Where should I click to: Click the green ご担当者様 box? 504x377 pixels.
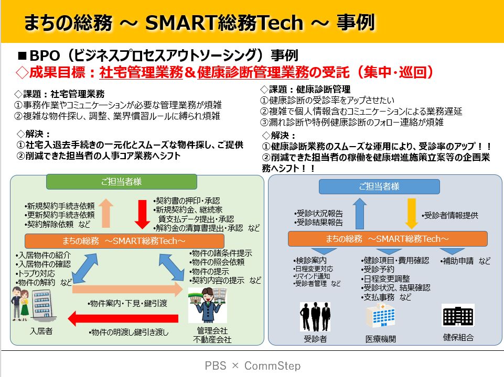coord(122,182)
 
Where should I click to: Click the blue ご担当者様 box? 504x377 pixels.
coord(379,186)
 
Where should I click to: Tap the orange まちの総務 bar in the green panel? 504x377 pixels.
coord(124,241)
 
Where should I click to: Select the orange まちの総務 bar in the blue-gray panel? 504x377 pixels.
coord(388,239)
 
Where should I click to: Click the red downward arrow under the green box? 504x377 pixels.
coord(142,214)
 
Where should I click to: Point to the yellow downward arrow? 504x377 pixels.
coord(411,213)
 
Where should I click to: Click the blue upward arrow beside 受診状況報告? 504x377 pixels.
coord(360,213)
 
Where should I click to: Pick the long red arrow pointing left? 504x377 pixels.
coord(123,318)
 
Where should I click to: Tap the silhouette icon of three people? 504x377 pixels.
coord(315,317)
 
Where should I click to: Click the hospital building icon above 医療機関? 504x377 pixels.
coord(381,316)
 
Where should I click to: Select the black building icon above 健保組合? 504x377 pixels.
coord(458,316)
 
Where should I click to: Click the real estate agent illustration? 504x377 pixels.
coord(208,305)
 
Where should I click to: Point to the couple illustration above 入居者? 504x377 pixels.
coord(20,304)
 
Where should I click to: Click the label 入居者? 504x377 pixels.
coord(41,331)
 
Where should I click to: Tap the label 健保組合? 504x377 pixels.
coord(458,337)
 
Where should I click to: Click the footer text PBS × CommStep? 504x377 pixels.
coord(253,365)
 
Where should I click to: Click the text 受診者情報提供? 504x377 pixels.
coord(450,215)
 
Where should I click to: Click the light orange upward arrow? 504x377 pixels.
coord(106,213)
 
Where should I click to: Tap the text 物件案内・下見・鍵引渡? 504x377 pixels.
coord(127,303)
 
